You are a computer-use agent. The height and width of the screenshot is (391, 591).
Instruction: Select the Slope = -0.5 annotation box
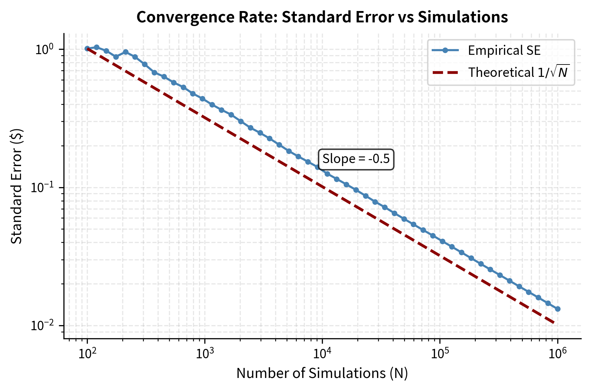[356, 159]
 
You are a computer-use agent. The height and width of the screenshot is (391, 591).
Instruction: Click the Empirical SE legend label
[504, 50]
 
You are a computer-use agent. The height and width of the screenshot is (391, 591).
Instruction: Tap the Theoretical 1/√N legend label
[518, 72]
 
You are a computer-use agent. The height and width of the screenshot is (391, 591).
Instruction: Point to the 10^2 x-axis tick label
[87, 353]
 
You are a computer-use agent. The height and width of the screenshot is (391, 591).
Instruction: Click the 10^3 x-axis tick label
[204, 353]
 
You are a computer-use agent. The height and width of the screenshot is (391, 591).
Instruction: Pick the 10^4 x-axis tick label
[322, 353]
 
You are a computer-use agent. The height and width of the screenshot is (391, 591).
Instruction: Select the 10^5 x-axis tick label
[440, 353]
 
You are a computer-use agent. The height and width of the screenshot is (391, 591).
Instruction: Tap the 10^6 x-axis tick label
[557, 353]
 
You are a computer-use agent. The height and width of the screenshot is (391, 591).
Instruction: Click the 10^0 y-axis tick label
[45, 49]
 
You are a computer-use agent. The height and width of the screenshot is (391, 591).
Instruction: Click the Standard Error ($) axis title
[16, 186]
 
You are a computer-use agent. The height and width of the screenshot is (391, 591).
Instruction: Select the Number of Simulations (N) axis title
[322, 373]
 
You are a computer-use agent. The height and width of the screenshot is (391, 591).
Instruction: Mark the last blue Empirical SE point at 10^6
[558, 309]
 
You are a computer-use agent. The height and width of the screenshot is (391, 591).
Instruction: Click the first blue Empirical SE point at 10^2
[87, 48]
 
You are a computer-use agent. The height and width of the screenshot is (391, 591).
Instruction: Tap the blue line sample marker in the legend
[445, 50]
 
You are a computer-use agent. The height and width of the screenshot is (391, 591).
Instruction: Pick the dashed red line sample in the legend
[445, 72]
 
